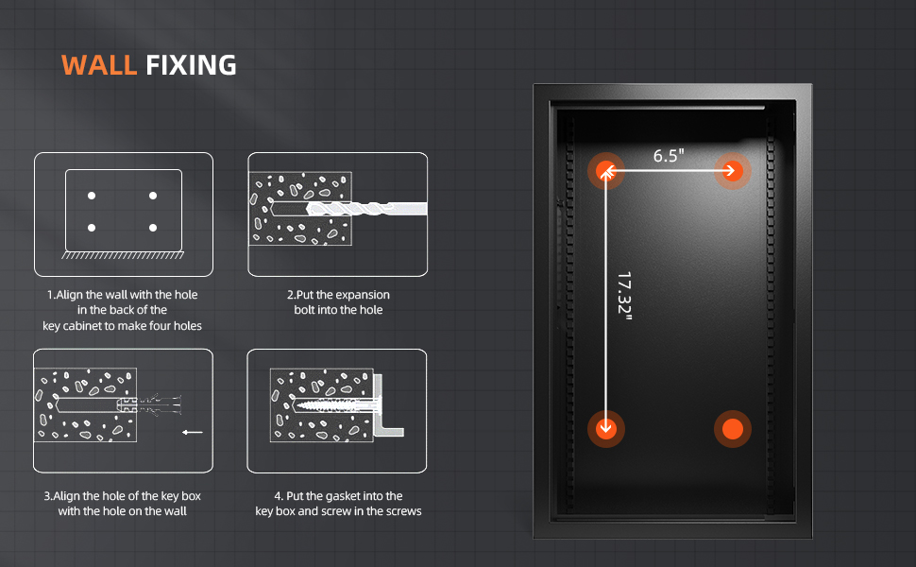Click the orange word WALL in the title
pyautogui.click(x=99, y=65)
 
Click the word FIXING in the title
pyautogui.click(x=191, y=65)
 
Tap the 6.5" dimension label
pyautogui.click(x=669, y=156)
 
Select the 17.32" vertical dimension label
pyautogui.click(x=624, y=296)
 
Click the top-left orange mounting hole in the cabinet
pyautogui.click(x=606, y=171)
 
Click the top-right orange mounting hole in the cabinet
pyautogui.click(x=733, y=171)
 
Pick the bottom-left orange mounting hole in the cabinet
pyautogui.click(x=606, y=428)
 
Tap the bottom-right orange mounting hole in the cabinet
pyautogui.click(x=733, y=428)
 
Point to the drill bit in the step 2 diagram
pyautogui.click(x=366, y=209)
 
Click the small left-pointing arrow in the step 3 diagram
pyautogui.click(x=193, y=433)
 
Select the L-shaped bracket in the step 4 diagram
pyautogui.click(x=385, y=405)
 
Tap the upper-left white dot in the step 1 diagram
pyautogui.click(x=92, y=196)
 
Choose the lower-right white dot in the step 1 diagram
pyautogui.click(x=153, y=228)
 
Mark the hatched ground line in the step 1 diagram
pyautogui.click(x=123, y=255)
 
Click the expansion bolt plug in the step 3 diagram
pyautogui.click(x=149, y=404)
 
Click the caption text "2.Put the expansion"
pyautogui.click(x=338, y=295)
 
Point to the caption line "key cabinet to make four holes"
pyautogui.click(x=122, y=326)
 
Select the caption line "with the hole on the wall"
pyautogui.click(x=122, y=511)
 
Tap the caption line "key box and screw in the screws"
pyautogui.click(x=338, y=511)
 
